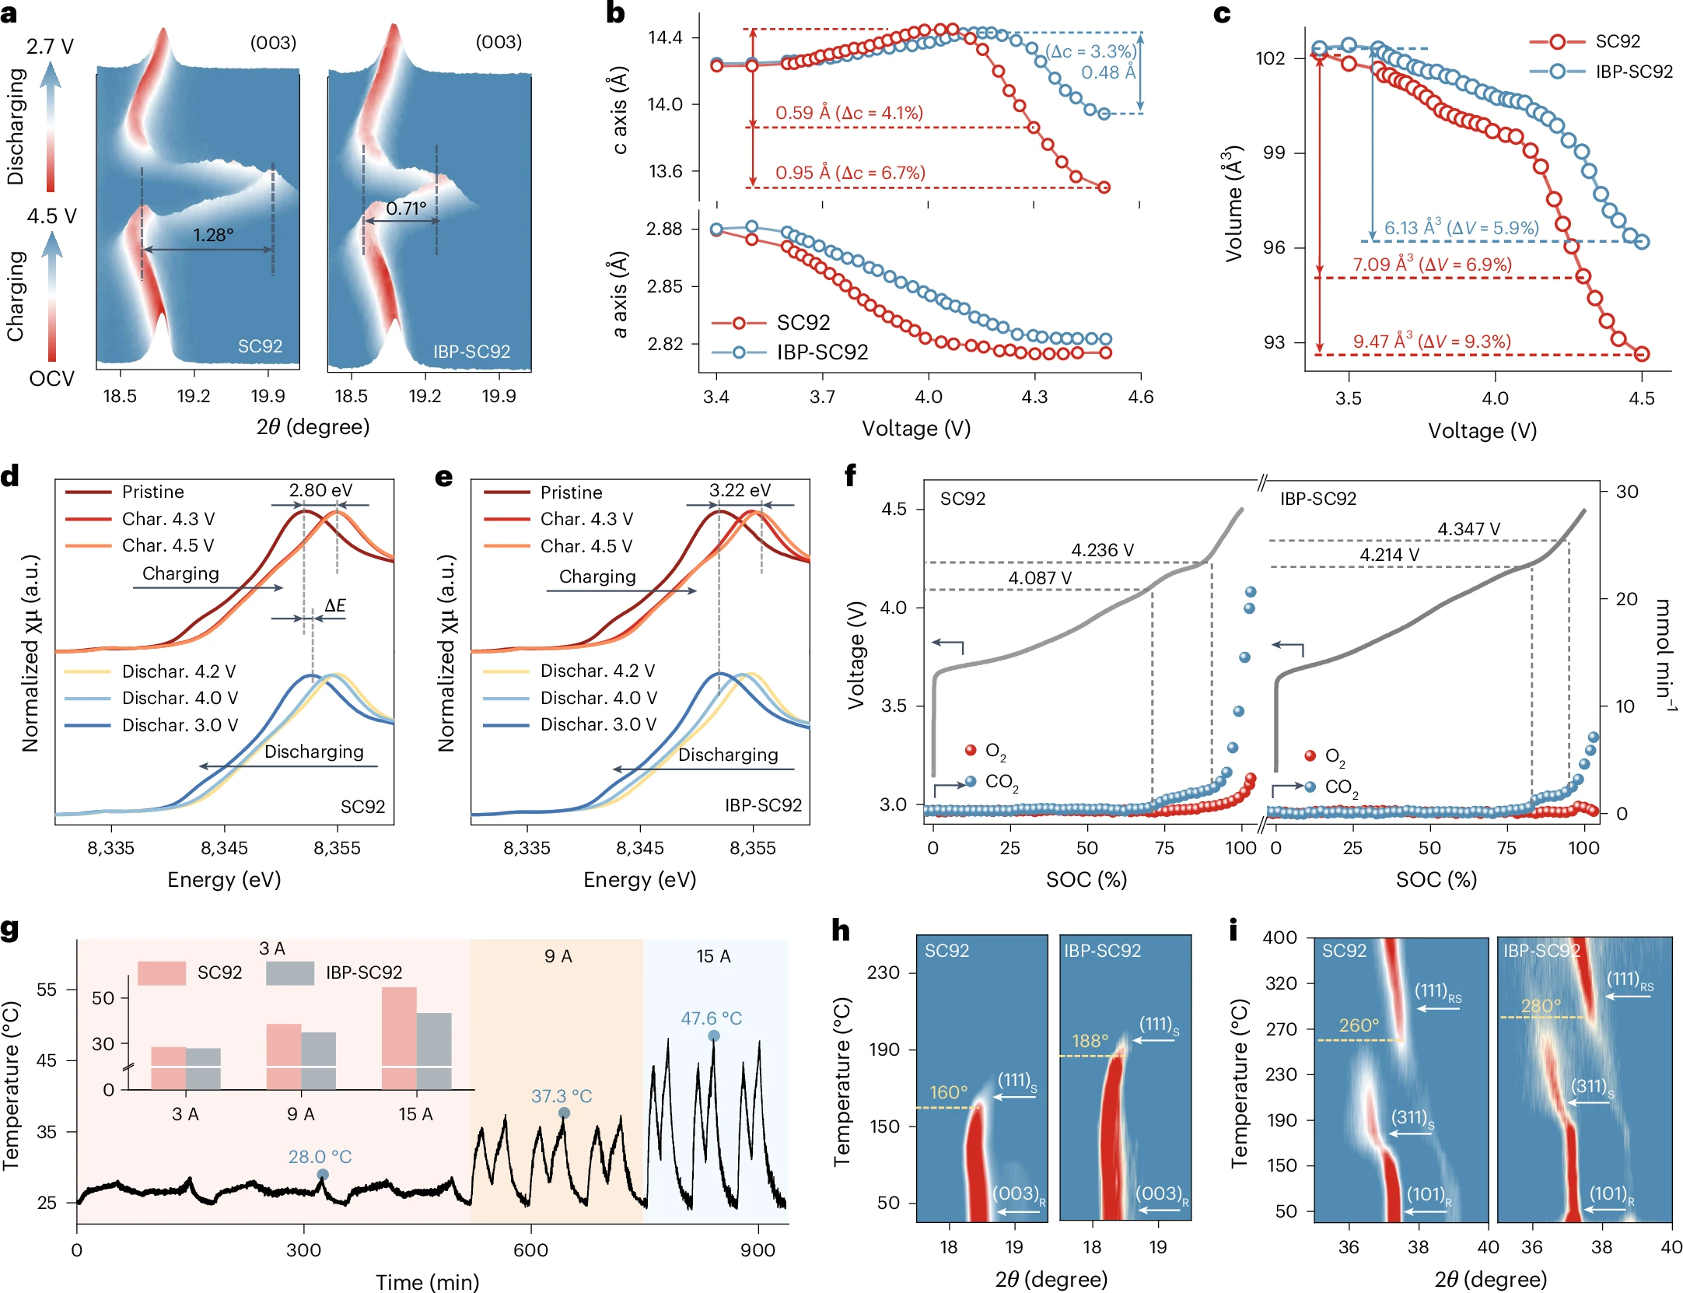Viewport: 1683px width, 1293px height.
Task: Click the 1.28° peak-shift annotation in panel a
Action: click(x=213, y=235)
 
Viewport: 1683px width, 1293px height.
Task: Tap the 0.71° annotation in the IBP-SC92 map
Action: click(x=406, y=208)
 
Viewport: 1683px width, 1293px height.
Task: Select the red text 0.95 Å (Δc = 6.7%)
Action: click(x=850, y=173)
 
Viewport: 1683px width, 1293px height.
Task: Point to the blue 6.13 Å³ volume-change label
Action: click(x=1461, y=228)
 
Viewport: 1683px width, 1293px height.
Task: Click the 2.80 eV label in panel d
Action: click(x=320, y=490)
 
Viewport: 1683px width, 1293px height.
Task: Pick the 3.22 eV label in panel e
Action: click(x=740, y=490)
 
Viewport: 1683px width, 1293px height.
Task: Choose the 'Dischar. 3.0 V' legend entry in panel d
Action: click(x=180, y=725)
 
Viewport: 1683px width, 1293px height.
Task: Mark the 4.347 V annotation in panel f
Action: click(x=1468, y=529)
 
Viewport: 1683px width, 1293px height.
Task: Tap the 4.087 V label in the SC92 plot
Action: click(x=1040, y=578)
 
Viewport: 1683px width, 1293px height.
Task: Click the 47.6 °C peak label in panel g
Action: click(x=711, y=1018)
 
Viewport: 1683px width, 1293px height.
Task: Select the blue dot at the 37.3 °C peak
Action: click(x=565, y=1113)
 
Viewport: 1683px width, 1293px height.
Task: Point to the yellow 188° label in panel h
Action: click(x=1090, y=1041)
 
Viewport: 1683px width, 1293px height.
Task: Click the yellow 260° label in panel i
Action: click(x=1359, y=1025)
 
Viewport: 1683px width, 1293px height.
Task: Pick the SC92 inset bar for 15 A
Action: click(x=399, y=1037)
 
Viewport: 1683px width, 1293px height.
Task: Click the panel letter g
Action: click(x=10, y=930)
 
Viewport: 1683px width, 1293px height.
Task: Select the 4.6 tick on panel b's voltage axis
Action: click(x=1140, y=397)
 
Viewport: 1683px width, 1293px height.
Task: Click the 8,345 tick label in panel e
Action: click(x=639, y=848)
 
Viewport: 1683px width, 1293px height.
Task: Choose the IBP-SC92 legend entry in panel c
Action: click(x=1633, y=72)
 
